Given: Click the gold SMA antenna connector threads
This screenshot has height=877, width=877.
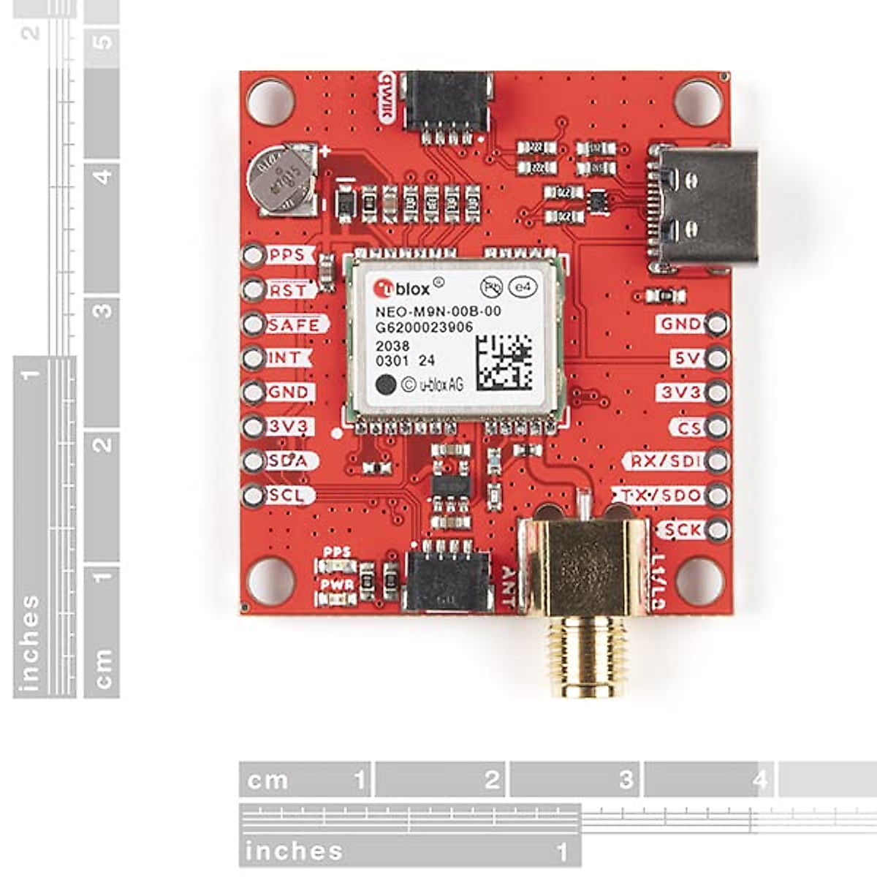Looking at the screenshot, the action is tap(582, 655).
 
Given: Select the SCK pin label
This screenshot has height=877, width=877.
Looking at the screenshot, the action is tap(682, 530).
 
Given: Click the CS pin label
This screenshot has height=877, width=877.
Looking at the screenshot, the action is tap(688, 428).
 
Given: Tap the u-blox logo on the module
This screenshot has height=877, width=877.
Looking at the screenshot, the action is tap(401, 288).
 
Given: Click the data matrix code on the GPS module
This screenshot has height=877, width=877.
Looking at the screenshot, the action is tap(504, 362).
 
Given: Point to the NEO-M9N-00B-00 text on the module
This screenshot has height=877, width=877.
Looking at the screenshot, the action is tap(438, 311).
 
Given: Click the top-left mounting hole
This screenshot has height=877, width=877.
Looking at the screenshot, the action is tap(270, 102).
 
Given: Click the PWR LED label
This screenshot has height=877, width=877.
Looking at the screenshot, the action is tap(337, 585).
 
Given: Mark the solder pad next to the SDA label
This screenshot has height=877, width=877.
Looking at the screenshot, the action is tap(254, 461).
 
